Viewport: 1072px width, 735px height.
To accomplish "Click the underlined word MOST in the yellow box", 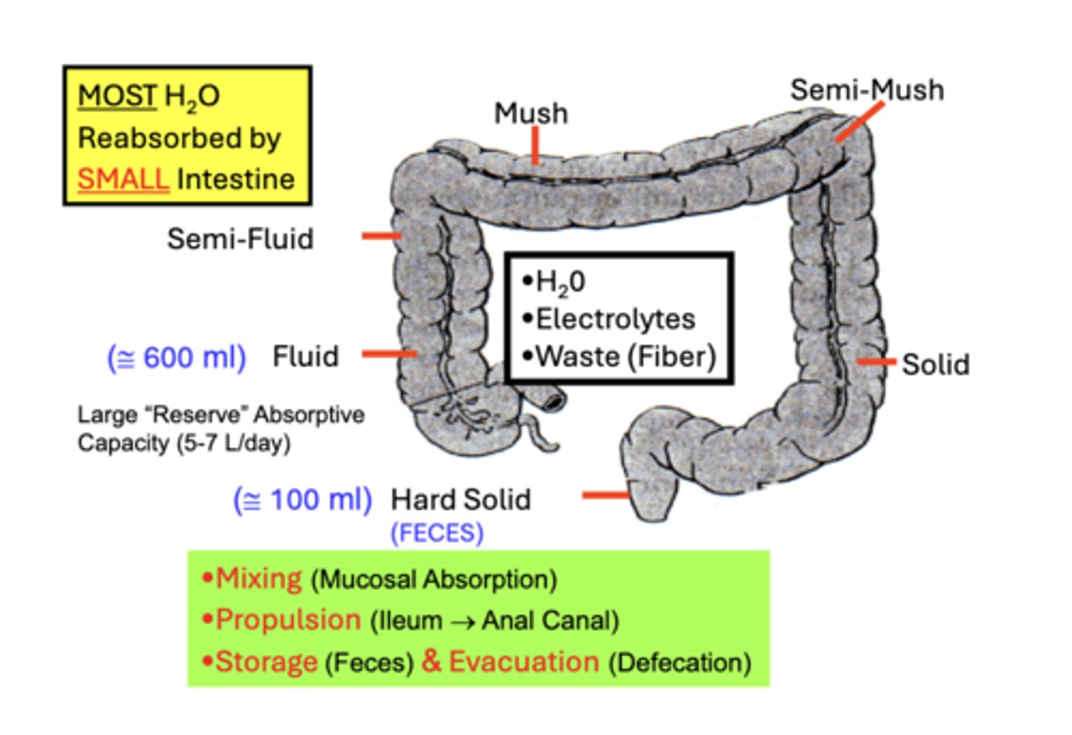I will pyautogui.click(x=117, y=96).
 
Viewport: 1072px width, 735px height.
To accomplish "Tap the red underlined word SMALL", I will pyautogui.click(x=123, y=179).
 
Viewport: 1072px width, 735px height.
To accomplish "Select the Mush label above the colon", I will pyautogui.click(x=531, y=113).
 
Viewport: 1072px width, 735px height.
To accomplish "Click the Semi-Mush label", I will pyautogui.click(x=867, y=90).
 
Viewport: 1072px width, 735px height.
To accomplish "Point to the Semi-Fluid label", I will pyautogui.click(x=240, y=239).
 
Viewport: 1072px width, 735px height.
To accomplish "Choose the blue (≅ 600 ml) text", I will pyautogui.click(x=176, y=357).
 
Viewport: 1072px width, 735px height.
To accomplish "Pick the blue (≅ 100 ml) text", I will pyautogui.click(x=302, y=500).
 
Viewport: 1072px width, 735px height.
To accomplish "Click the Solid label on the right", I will pyautogui.click(x=935, y=365).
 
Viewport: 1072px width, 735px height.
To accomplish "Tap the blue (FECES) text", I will pyautogui.click(x=437, y=533).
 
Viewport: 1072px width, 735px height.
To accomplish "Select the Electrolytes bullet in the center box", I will pyautogui.click(x=615, y=319).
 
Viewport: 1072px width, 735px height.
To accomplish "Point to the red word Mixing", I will pyautogui.click(x=258, y=579).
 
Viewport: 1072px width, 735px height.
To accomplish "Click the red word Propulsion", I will pyautogui.click(x=287, y=620).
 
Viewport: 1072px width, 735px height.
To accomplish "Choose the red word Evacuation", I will pyautogui.click(x=523, y=661).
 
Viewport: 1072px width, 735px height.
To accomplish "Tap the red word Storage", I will pyautogui.click(x=266, y=662).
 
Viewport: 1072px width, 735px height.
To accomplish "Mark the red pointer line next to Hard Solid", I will pyautogui.click(x=605, y=494).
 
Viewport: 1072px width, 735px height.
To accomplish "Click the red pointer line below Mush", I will pyautogui.click(x=535, y=144).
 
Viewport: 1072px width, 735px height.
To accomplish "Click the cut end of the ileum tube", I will pyautogui.click(x=554, y=400).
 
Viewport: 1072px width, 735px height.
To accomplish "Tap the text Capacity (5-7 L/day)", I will pyautogui.click(x=183, y=444).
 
